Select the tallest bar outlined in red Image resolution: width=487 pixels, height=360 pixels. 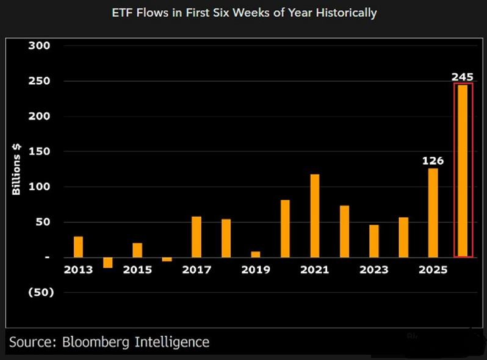click(463, 170)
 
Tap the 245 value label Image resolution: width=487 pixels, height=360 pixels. click(463, 76)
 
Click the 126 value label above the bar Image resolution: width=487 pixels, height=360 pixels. click(433, 161)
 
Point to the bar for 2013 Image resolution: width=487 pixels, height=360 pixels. click(78, 247)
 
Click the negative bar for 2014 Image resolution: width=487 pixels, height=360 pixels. click(108, 262)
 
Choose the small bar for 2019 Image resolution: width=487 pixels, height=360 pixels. click(255, 254)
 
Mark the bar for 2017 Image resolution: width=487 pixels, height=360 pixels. click(197, 237)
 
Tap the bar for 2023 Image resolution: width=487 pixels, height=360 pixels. click(373, 240)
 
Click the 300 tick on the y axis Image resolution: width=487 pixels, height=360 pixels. click(39, 46)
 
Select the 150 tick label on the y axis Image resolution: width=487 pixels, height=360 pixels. click(39, 152)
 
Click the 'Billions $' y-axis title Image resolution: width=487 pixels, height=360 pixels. click(16, 170)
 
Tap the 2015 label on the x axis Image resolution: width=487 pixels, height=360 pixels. click(137, 270)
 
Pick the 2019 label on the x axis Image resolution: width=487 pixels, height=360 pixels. click(255, 270)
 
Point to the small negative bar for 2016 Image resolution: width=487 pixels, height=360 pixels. click(167, 259)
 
